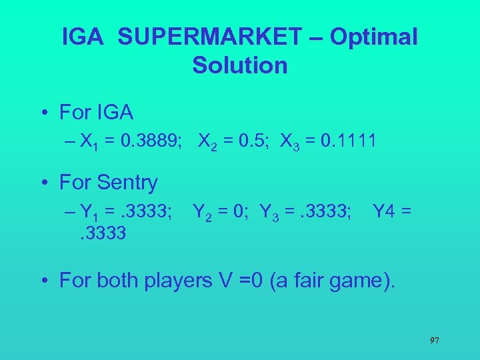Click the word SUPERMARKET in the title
tap(209, 37)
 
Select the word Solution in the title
tap(240, 65)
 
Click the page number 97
tap(434, 340)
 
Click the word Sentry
tap(126, 182)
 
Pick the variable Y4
tap(383, 212)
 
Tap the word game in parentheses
tap(356, 281)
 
